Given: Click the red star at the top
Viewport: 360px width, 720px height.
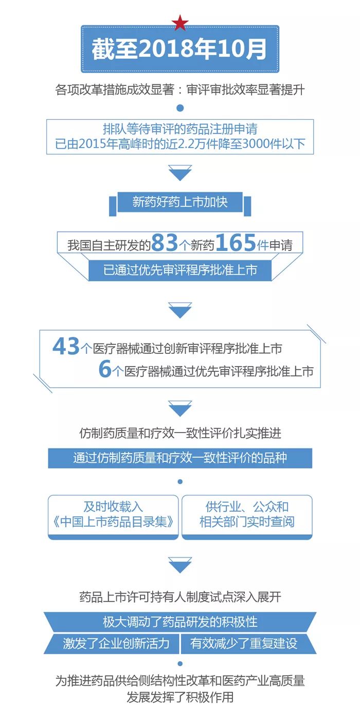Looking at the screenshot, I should (180, 23).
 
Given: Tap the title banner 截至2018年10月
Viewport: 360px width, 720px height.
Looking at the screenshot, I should (180, 49).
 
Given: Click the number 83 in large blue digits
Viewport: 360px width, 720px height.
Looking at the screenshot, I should (165, 243).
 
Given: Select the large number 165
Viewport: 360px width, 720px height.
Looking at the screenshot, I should (235, 243).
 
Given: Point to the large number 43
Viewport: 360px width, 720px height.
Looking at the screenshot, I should (66, 347).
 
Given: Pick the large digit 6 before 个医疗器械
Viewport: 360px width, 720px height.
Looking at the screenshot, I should (105, 370).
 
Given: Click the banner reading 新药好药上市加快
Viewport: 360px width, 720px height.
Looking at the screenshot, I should (180, 202).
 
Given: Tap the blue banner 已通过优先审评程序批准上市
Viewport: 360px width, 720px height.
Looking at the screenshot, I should (180, 270).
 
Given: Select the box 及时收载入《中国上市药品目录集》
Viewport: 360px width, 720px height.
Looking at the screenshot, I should (113, 515).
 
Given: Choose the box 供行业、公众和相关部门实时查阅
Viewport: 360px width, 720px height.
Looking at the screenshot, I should (247, 515).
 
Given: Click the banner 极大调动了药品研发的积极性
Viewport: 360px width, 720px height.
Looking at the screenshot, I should (180, 622).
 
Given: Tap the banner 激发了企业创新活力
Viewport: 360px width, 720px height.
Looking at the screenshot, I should (116, 643).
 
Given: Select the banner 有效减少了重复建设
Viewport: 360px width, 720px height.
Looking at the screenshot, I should (244, 643).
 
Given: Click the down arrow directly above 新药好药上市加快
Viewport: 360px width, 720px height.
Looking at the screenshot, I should (180, 173).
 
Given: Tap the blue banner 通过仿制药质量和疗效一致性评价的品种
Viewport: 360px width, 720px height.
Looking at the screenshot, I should (180, 458).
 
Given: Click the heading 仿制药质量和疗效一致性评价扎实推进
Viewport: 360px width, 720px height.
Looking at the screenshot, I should (180, 433).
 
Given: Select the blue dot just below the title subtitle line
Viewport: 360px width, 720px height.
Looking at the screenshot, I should (180, 108).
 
